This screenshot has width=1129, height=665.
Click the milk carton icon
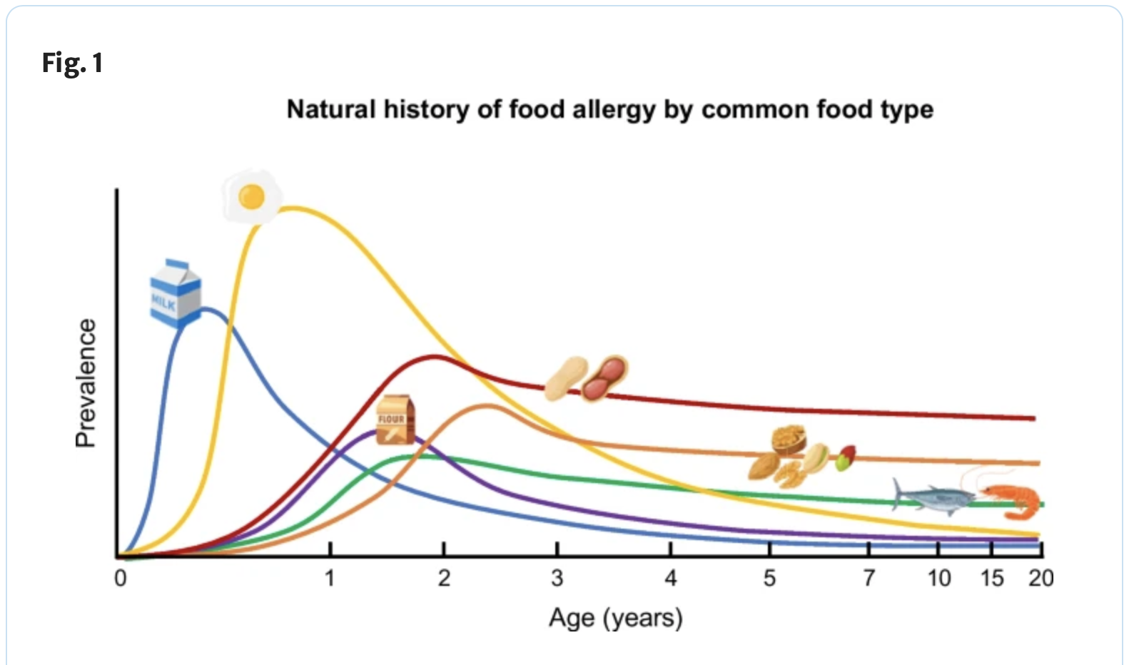(176, 293)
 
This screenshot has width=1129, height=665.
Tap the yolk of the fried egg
(252, 196)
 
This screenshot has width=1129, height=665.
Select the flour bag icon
(395, 420)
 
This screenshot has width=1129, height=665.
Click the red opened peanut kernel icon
(605, 378)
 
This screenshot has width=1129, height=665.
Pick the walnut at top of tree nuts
(789, 440)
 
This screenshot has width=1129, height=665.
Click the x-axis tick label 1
(330, 579)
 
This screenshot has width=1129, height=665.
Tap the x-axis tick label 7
(869, 579)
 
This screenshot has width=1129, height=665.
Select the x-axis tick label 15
(992, 579)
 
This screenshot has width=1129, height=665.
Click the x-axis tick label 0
(120, 579)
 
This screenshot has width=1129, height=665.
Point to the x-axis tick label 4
(670, 579)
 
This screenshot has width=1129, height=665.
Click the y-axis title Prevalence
(86, 383)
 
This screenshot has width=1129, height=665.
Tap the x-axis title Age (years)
(615, 618)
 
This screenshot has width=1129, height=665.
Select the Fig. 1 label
(73, 64)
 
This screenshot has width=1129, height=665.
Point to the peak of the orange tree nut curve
(487, 405)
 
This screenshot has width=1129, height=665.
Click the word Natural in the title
(331, 109)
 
